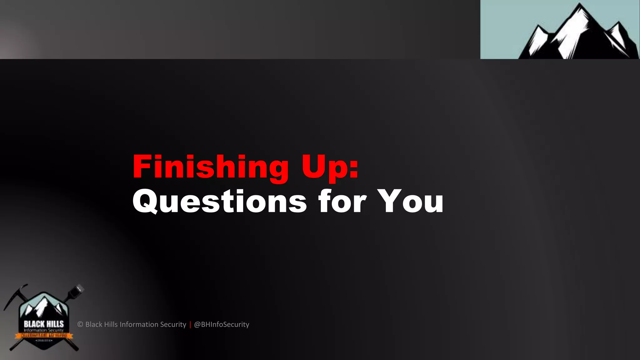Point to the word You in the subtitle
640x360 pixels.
(x=410, y=202)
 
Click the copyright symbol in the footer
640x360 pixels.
(x=80, y=324)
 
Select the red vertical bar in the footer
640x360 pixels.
(x=190, y=324)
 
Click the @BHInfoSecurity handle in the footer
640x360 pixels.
(x=222, y=324)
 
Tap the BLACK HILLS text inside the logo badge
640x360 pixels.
(x=44, y=324)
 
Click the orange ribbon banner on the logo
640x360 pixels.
(x=44, y=336)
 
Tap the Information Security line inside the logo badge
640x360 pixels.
(x=44, y=330)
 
